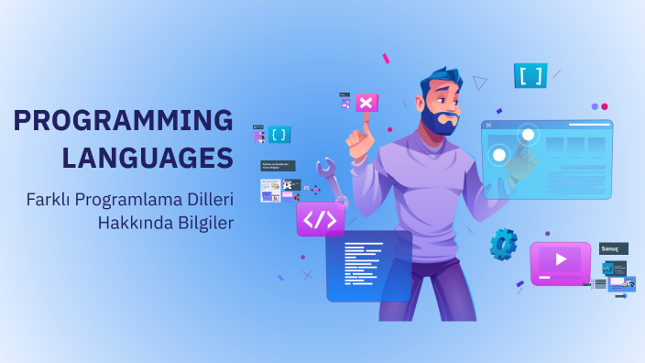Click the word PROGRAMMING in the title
[124, 120]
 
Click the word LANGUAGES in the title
[148, 156]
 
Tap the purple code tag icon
[321, 219]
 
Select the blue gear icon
[503, 244]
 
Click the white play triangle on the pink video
[561, 260]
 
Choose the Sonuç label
[614, 248]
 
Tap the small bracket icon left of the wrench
[279, 135]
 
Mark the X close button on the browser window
[488, 126]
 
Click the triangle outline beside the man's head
[479, 82]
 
